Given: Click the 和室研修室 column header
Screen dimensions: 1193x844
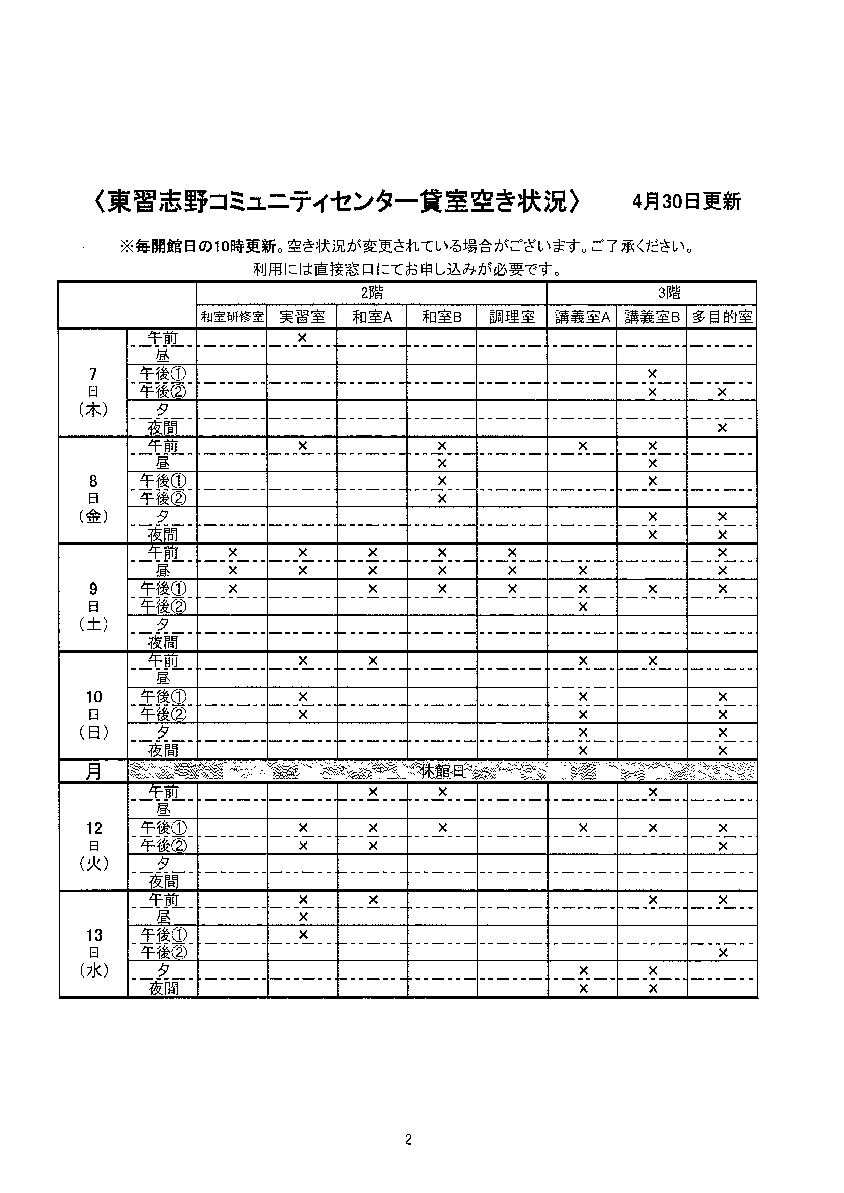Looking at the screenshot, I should [232, 317].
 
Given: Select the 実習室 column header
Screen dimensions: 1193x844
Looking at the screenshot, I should [302, 317].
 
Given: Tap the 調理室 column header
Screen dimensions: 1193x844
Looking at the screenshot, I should [512, 317].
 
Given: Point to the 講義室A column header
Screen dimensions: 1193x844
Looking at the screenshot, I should [582, 317].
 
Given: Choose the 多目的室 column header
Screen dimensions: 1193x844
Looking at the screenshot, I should [722, 317].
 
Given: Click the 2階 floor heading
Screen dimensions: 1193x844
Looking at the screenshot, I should [372, 293].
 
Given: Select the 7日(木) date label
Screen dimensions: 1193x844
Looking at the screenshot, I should [93, 391].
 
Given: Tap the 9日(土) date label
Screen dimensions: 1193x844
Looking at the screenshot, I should [93, 606].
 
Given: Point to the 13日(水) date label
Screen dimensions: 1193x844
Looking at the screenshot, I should [94, 952].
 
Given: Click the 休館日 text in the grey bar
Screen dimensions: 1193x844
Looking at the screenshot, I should [442, 771].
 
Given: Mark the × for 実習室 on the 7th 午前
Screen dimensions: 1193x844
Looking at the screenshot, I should [302, 338].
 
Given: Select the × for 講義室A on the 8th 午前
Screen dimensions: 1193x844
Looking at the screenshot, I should [583, 445].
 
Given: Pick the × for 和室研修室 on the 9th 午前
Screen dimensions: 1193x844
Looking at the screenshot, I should [233, 552].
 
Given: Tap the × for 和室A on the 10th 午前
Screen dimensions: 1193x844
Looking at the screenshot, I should [373, 661].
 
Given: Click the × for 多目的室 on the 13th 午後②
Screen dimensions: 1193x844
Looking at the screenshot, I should [723, 952].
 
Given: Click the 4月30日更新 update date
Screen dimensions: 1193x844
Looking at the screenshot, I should [686, 201].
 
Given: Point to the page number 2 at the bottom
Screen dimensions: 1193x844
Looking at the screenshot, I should [408, 1139].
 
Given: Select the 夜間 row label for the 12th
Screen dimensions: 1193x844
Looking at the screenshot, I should [163, 881].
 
